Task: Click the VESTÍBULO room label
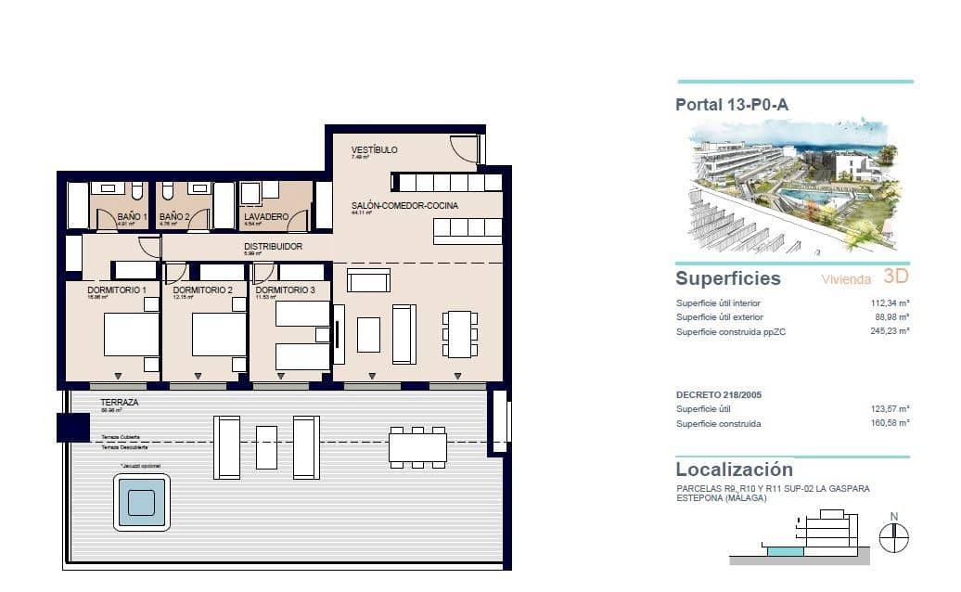pyautogui.click(x=375, y=149)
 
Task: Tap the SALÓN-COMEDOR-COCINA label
pyautogui.click(x=404, y=205)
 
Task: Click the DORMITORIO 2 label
pyautogui.click(x=202, y=290)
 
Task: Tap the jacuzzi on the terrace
pyautogui.click(x=142, y=502)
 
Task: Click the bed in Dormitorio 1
pyautogui.click(x=131, y=335)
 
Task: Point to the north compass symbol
pyautogui.click(x=893, y=536)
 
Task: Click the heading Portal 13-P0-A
pyautogui.click(x=732, y=105)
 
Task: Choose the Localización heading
pyautogui.click(x=734, y=470)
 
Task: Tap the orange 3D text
pyautogui.click(x=895, y=276)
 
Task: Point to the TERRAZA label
pyautogui.click(x=120, y=402)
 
